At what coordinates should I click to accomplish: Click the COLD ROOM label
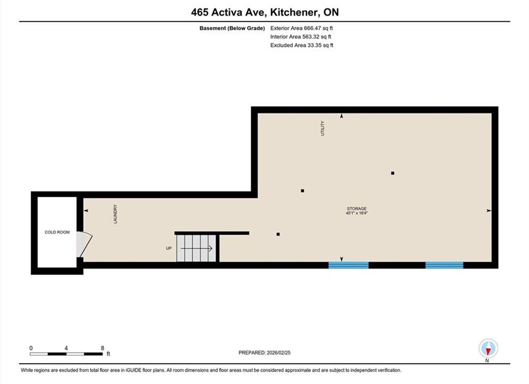[x=57, y=233]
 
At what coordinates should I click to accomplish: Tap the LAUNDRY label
[x=115, y=214]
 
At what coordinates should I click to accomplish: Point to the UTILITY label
[x=322, y=129]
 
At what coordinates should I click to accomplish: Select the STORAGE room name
[x=356, y=209]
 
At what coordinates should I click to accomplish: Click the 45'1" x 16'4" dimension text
[x=356, y=213]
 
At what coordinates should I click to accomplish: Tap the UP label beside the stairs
[x=169, y=248]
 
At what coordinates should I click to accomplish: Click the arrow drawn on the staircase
[x=197, y=249]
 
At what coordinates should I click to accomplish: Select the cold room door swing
[x=84, y=244]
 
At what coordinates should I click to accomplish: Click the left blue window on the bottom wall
[x=348, y=265]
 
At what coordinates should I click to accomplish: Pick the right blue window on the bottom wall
[x=444, y=265]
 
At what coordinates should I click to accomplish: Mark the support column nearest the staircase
[x=278, y=234]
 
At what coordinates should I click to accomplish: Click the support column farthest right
[x=393, y=173]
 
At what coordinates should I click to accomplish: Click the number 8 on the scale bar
[x=103, y=348]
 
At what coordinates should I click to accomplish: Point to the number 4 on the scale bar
[x=66, y=348]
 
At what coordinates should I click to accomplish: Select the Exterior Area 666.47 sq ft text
[x=302, y=28]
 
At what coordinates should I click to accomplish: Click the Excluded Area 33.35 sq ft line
[x=302, y=45]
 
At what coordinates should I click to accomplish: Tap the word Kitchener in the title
[x=294, y=12]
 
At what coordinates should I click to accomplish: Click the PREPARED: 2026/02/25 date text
[x=264, y=353]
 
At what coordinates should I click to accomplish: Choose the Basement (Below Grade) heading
[x=232, y=28]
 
